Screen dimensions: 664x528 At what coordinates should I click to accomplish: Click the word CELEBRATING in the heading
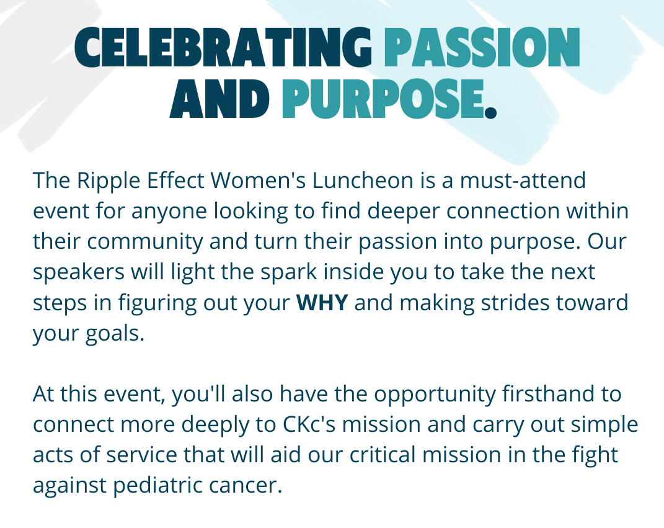[224, 47]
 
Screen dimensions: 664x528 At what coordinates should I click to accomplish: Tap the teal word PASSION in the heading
[482, 47]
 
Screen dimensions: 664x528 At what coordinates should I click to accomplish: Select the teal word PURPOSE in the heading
[383, 98]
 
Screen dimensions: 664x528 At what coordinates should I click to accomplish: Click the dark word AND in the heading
[219, 98]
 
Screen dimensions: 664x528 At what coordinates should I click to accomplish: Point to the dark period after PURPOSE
[490, 112]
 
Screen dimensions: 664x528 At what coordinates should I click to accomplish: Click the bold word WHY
[322, 303]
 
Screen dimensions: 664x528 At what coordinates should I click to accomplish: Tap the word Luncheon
[363, 180]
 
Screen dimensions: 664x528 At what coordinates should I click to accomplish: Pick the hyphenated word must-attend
[523, 181]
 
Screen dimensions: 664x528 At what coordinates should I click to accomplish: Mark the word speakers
[79, 272]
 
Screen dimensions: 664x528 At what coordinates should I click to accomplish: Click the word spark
[288, 272]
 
